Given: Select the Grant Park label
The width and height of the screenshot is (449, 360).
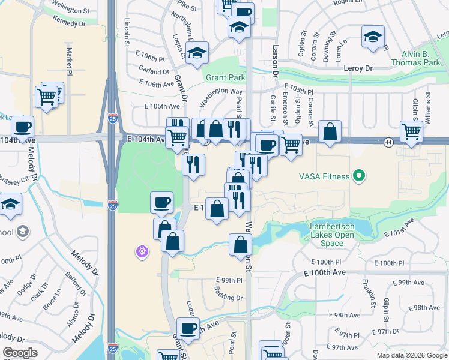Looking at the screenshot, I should click(x=226, y=78).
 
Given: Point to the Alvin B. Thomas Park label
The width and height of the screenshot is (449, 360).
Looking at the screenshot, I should click(x=416, y=58).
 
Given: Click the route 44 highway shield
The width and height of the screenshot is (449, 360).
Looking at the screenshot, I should click(x=389, y=142).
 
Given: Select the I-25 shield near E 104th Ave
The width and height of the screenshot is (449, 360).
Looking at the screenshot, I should click(x=113, y=120).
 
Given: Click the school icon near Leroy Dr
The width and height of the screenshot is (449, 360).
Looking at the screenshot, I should click(x=373, y=37).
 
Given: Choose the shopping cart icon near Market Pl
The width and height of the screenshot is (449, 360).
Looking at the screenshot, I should click(x=46, y=96).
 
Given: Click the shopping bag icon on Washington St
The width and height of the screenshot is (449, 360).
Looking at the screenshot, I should click(x=240, y=244).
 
